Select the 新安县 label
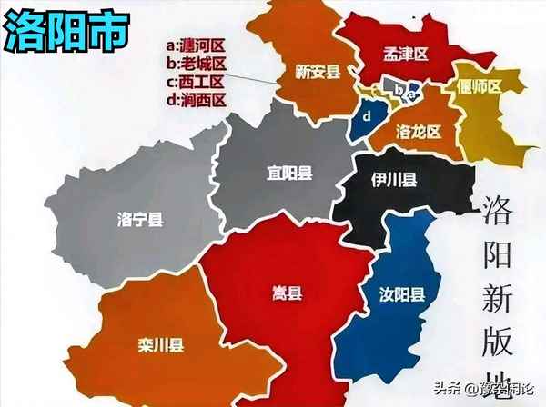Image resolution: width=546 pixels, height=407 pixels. click(318, 71)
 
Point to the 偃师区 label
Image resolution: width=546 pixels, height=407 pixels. click(481, 87)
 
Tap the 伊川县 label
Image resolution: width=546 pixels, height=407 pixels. click(394, 182)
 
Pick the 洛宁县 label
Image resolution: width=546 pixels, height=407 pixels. click(141, 219)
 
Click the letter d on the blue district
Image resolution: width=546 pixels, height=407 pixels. click(368, 117)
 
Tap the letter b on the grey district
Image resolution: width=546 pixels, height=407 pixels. click(397, 88)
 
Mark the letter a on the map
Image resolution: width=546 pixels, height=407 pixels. click(412, 92)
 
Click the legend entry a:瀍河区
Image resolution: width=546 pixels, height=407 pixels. click(195, 44)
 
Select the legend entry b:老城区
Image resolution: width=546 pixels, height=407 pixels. click(195, 62)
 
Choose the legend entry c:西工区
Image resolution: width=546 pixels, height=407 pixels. click(195, 81)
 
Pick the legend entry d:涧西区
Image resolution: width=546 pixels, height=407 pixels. click(195, 100)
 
